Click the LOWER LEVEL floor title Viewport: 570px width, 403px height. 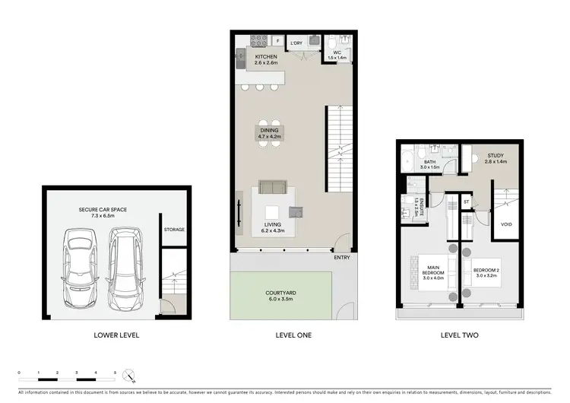116,335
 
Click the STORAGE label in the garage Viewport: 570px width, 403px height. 174,229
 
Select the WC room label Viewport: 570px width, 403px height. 336,54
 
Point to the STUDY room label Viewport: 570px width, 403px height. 495,158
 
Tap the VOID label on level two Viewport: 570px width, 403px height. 506,225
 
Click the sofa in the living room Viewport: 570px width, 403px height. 273,187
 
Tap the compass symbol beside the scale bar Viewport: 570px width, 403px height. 130,375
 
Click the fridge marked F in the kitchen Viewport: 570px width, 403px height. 278,40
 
